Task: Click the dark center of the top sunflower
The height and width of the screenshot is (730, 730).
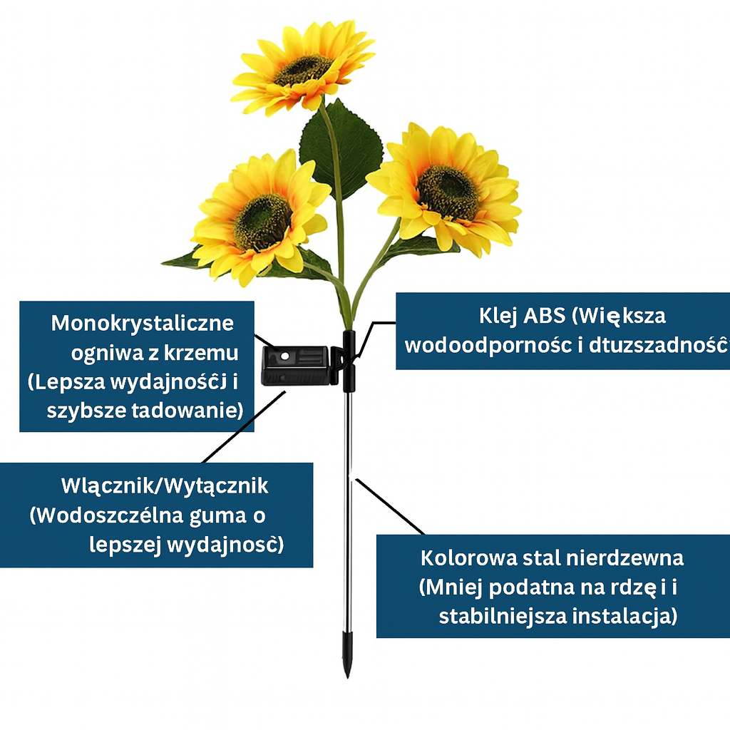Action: [303, 69]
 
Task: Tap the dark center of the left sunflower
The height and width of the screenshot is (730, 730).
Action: [263, 222]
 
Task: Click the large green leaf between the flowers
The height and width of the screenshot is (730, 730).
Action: [341, 146]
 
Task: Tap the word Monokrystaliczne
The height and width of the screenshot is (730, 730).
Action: [143, 323]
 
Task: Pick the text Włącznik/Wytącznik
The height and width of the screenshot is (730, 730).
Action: [165, 486]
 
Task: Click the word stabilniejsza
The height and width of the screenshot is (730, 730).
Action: [503, 616]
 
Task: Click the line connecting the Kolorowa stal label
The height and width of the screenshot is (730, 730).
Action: [391, 507]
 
